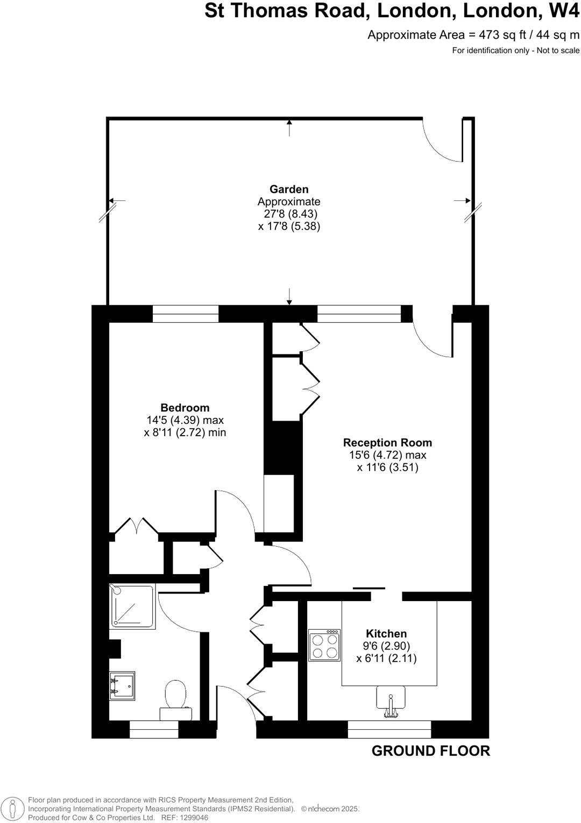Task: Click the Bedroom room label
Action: (x=185, y=408)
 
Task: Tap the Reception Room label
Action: (x=387, y=443)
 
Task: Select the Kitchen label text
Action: (x=386, y=633)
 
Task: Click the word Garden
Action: (x=289, y=189)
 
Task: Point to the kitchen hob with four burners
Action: (x=324, y=645)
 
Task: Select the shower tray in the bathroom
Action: (x=133, y=606)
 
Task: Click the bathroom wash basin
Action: (x=122, y=685)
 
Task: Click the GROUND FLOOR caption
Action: (x=430, y=751)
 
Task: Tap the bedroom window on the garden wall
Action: (x=186, y=313)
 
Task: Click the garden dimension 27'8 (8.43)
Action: (x=289, y=214)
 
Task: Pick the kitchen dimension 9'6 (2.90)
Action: (x=386, y=646)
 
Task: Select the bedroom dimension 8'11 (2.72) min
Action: (x=185, y=432)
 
